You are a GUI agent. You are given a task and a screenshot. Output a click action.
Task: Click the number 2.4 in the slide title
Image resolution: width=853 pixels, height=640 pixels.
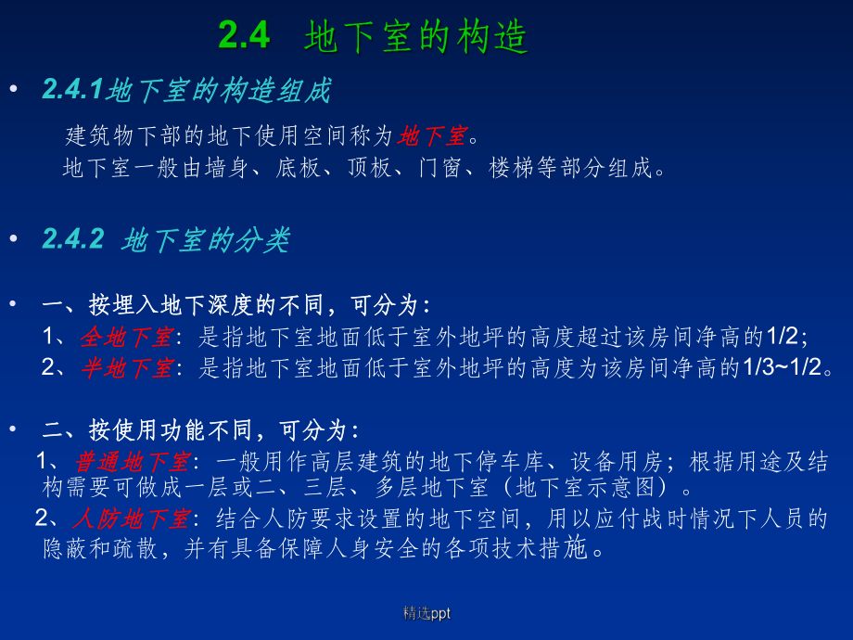point(244,36)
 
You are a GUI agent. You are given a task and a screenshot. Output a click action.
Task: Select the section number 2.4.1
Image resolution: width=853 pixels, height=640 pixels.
point(74,91)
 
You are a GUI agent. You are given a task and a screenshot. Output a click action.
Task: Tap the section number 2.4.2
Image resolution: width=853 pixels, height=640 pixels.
point(73,239)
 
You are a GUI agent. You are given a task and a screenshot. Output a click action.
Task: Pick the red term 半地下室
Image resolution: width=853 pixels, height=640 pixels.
point(126,367)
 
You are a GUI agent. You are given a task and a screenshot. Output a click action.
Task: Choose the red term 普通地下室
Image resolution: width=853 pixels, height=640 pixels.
point(133,461)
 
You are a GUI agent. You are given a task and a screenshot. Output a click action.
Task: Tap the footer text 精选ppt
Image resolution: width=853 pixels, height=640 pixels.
point(426,613)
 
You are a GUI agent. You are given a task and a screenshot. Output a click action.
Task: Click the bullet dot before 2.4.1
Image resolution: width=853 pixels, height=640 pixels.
point(12,90)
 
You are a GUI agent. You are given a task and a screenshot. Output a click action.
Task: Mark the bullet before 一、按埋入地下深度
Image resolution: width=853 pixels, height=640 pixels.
point(12,304)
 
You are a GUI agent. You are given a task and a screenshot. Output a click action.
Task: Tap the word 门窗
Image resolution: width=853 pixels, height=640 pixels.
point(439,169)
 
